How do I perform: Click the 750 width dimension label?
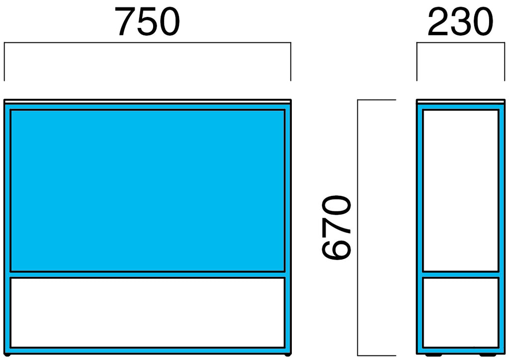[147, 22]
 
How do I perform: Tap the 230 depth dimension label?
[460, 22]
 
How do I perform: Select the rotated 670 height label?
[337, 227]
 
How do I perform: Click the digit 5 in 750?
[147, 22]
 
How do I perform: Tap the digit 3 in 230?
[460, 22]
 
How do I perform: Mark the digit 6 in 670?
[337, 249]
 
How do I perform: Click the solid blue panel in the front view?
[147, 191]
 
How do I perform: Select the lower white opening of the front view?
[147, 313]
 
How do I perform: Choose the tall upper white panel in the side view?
[460, 191]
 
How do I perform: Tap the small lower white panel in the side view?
[460, 313]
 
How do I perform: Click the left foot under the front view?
[7, 355]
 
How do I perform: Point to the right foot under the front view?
[287, 355]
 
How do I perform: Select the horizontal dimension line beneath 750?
[147, 43]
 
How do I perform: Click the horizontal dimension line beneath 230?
[461, 43]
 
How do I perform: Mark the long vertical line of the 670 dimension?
[358, 228]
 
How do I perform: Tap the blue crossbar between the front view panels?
[147, 274]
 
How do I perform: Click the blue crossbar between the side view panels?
[460, 274]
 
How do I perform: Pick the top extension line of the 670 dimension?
[377, 100]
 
